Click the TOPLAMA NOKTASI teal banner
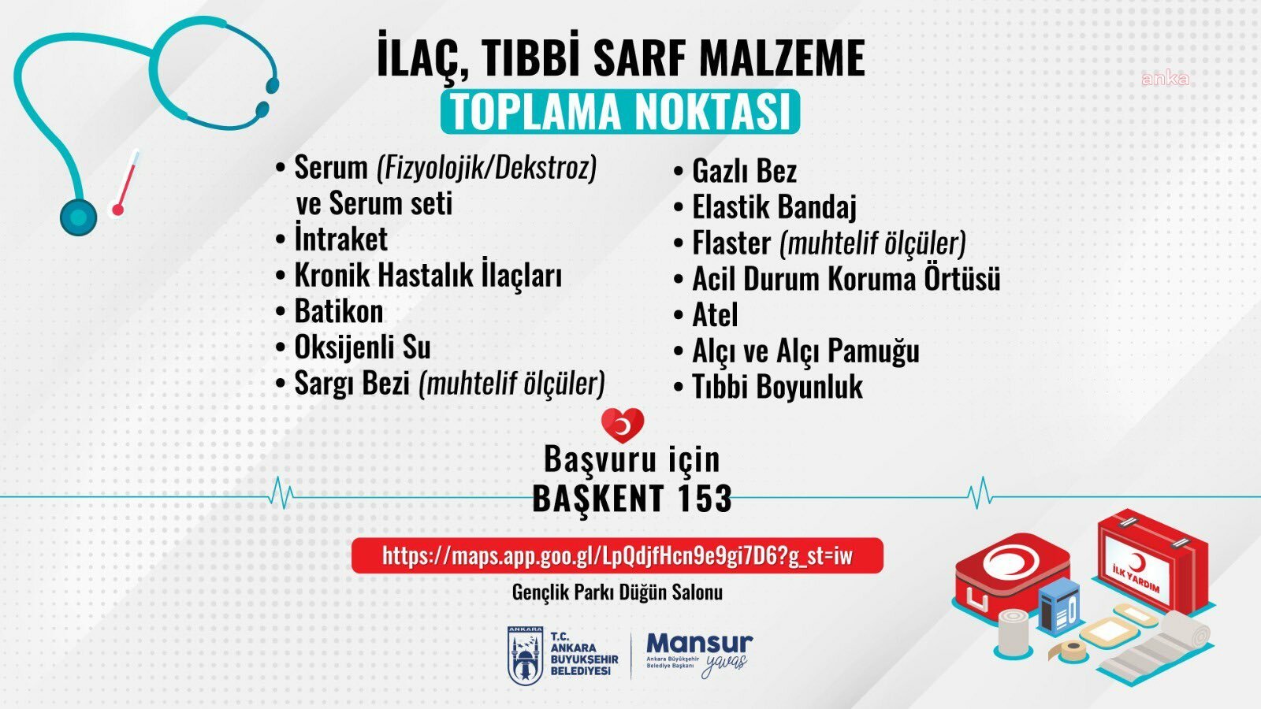tap(620, 112)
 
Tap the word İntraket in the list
tap(340, 239)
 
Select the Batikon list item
tap(338, 311)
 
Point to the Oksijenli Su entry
tap(362, 347)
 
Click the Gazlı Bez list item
tap(744, 171)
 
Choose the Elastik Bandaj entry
tap(773, 207)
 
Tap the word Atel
tap(715, 315)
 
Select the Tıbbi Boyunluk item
tap(777, 387)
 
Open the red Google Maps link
tap(617, 556)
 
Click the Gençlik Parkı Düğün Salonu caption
tap(617, 592)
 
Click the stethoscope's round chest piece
tap(79, 216)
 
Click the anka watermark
tap(1165, 79)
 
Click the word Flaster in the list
tap(731, 243)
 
